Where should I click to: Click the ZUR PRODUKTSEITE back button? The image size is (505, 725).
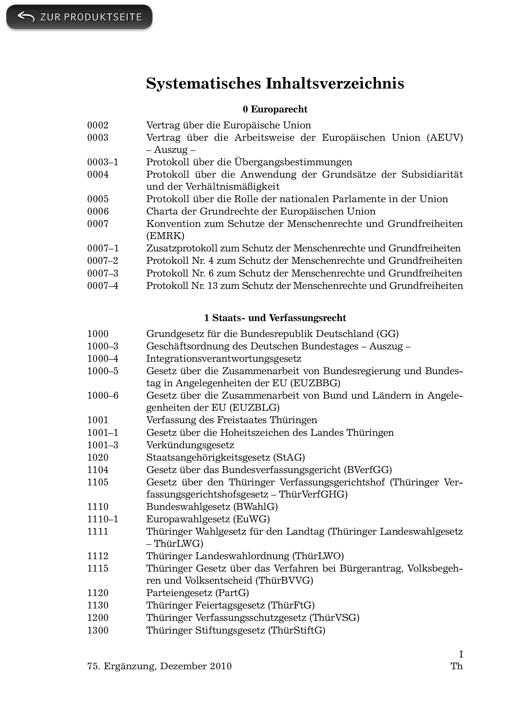tap(79, 17)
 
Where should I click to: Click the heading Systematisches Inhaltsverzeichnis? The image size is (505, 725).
tap(275, 84)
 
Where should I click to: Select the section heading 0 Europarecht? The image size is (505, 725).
tap(275, 109)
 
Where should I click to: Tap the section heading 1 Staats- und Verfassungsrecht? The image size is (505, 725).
tap(275, 318)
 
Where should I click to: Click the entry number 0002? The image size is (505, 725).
tap(98, 125)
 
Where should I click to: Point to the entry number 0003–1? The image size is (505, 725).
tap(103, 162)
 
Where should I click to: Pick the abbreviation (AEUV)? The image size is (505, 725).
tap(445, 138)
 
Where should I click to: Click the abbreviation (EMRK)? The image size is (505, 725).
tap(165, 236)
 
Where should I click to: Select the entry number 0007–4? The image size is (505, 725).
tap(103, 286)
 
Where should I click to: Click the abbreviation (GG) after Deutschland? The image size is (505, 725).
tap(387, 334)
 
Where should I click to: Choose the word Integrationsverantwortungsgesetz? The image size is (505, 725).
tap(224, 359)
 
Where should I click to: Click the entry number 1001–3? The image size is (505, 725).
tap(103, 445)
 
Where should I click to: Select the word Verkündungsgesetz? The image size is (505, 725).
tap(190, 445)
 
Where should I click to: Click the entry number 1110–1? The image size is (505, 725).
tap(103, 519)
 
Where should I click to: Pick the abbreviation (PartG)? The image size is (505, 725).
tap(232, 593)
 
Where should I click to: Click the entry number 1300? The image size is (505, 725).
tap(98, 630)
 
